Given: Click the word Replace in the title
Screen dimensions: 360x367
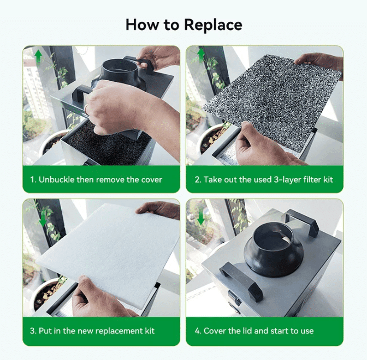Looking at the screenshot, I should coord(212,25).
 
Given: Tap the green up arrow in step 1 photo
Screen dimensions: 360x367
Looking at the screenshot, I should coord(38,55).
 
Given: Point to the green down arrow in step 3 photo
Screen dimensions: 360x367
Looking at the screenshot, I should coord(43,217).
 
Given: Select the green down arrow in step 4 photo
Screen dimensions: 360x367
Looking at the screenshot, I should coord(201,217).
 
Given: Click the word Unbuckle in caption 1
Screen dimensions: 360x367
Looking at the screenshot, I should coord(56,179).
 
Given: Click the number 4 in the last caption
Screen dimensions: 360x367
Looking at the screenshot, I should coord(198,331).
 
